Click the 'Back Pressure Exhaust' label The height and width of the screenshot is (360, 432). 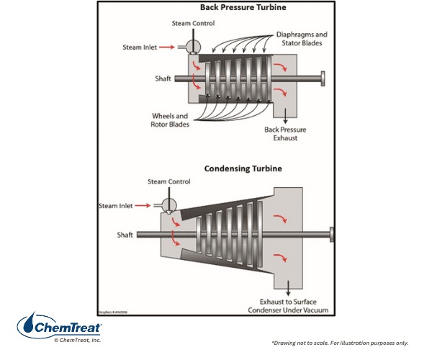pos(281,133)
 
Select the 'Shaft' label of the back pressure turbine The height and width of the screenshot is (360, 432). pos(162,78)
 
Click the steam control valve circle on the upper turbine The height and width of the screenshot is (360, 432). pos(192,46)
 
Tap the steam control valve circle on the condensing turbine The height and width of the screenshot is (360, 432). pos(166,205)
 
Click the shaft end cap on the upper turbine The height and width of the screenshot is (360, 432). pos(323,77)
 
